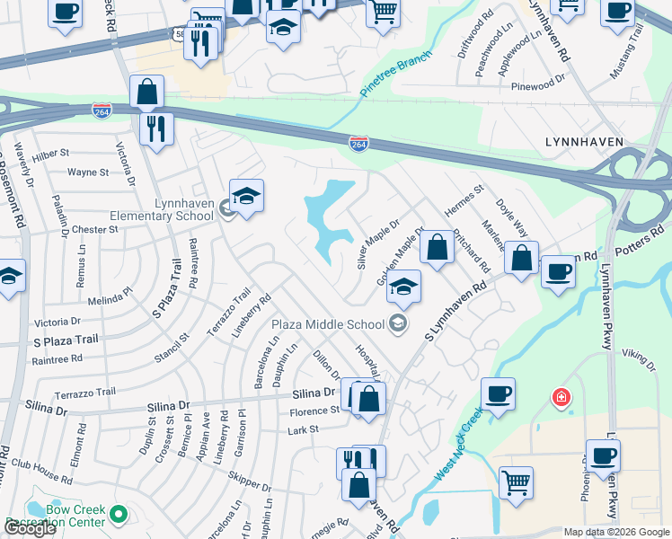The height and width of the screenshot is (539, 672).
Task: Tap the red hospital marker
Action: pyautogui.click(x=561, y=397)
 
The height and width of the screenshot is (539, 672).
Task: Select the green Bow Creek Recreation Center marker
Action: pyautogui.click(x=119, y=515)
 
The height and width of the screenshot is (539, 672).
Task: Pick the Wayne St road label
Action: pyautogui.click(x=88, y=172)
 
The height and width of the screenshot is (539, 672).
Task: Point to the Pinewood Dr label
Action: pyautogui.click(x=537, y=79)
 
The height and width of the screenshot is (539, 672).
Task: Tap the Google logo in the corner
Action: pyautogui.click(x=30, y=528)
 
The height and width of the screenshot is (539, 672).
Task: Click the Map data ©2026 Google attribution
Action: pyautogui.click(x=616, y=532)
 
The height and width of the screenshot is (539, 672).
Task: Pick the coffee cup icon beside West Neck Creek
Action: pyautogui.click(x=498, y=393)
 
